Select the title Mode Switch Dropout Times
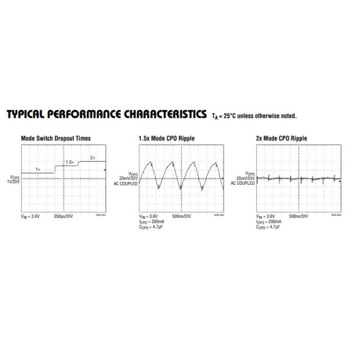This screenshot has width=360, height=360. click(x=56, y=138)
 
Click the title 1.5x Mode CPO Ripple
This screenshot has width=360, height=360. click(x=166, y=138)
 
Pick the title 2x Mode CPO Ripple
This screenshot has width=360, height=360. click(x=281, y=138)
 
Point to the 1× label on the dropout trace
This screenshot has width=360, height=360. click(x=38, y=170)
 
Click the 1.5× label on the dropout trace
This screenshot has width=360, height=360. click(x=70, y=162)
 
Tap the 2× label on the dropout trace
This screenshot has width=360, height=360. click(x=92, y=157)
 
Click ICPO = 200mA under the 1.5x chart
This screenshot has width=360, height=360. click(x=149, y=221)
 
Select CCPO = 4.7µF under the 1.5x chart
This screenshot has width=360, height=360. click(x=148, y=227)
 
